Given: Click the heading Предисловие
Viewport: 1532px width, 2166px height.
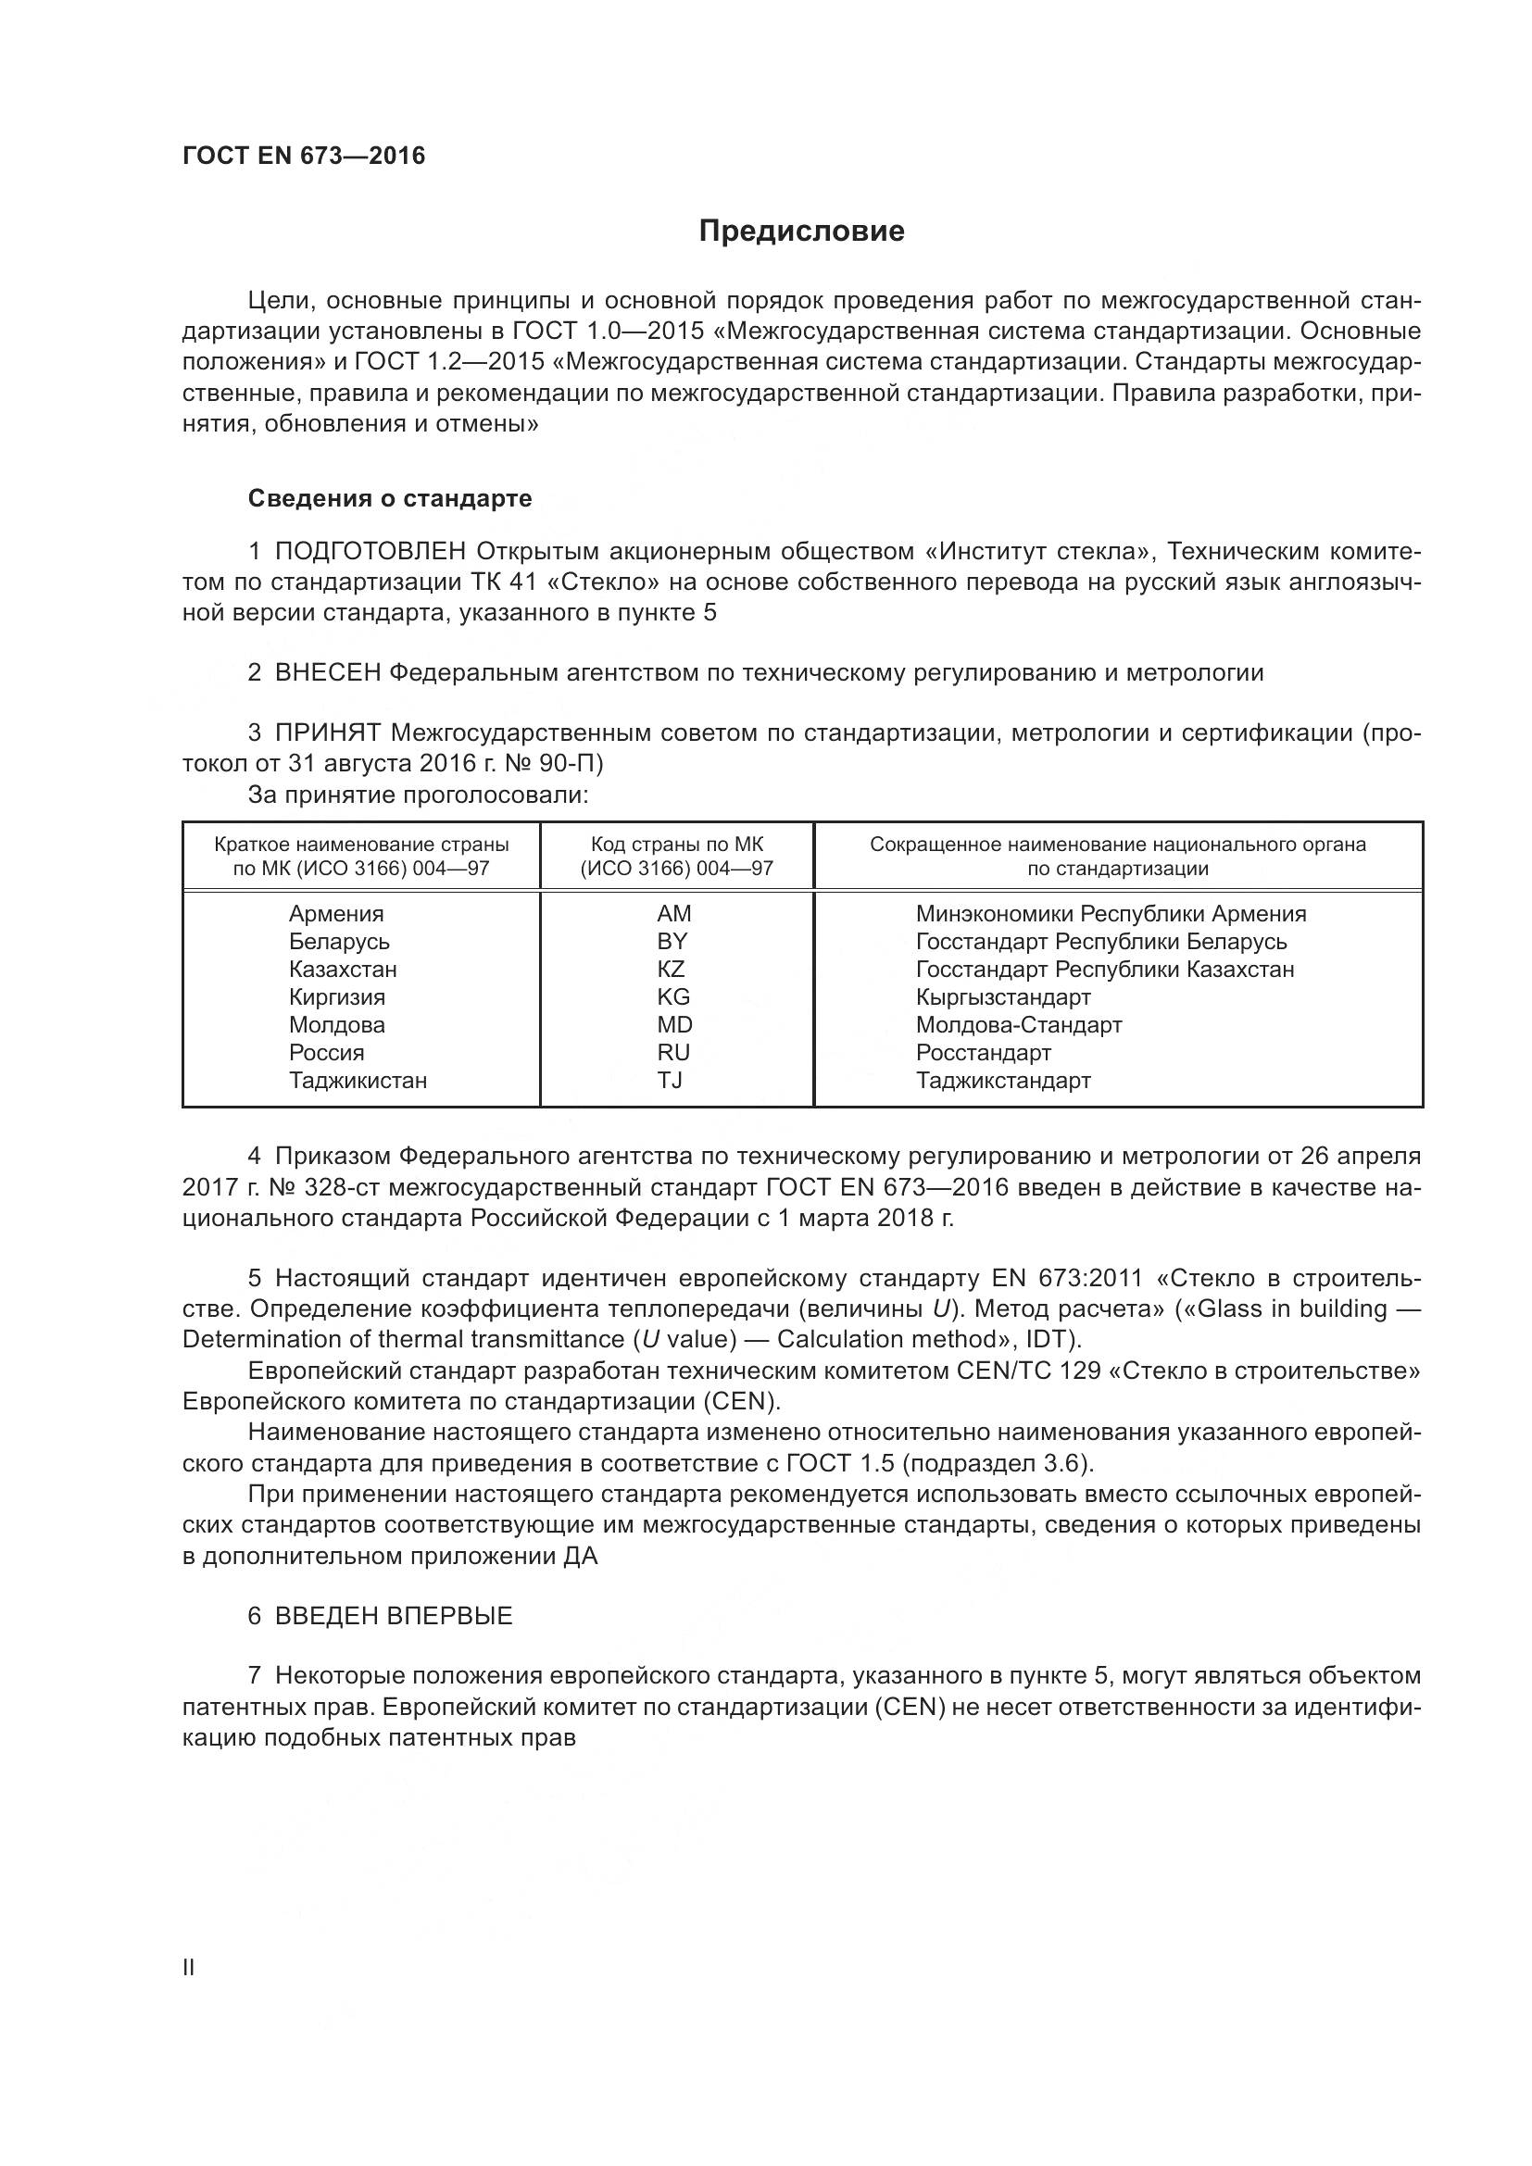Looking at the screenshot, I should (801, 232).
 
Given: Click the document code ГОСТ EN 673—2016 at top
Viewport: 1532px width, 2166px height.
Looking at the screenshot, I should (304, 156).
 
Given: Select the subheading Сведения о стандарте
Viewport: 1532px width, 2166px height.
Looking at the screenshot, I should (390, 498).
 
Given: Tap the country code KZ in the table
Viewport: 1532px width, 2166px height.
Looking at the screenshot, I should (671, 969).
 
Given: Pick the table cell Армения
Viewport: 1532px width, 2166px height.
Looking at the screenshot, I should (336, 913).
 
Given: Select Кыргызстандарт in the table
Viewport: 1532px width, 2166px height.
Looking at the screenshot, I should (1003, 997).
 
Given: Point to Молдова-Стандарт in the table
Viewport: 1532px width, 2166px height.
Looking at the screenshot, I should (1018, 1024).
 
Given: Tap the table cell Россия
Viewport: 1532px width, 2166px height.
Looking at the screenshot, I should (326, 1053).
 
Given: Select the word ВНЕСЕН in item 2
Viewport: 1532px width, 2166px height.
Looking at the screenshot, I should (327, 672).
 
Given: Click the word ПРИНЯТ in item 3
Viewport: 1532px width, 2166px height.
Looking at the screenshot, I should (327, 733).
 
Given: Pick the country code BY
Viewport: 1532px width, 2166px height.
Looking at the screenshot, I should (672, 942).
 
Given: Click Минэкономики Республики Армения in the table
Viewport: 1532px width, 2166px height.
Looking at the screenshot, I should (1111, 913).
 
